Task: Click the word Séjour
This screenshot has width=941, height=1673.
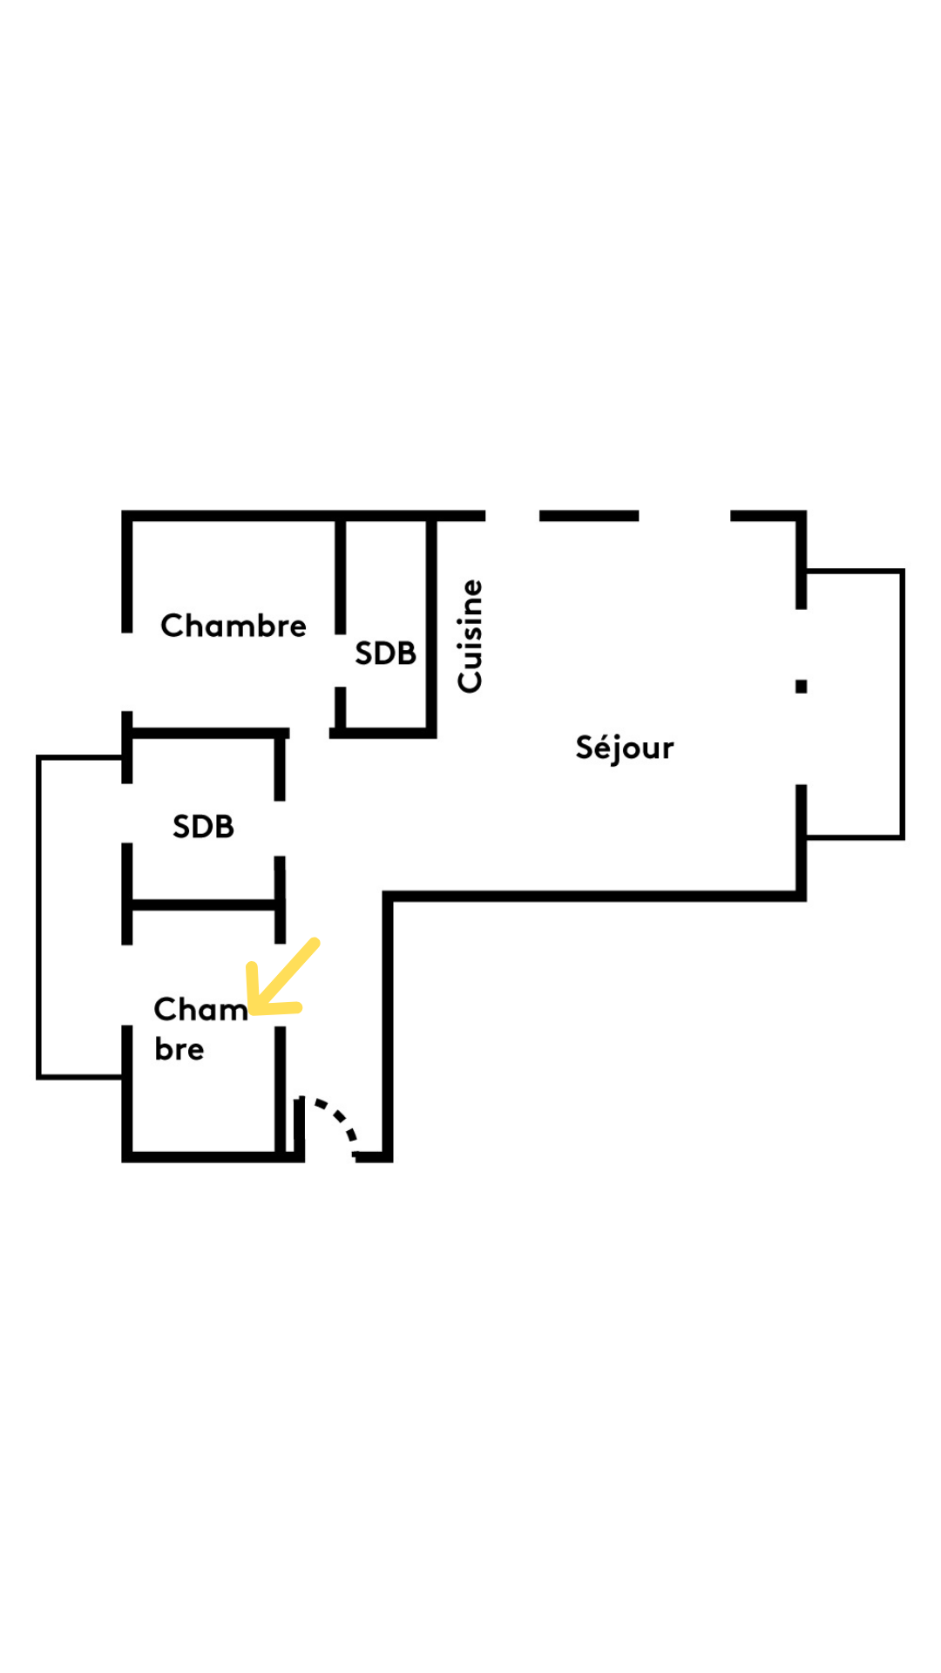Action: (x=624, y=748)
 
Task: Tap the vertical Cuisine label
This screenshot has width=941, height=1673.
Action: (x=470, y=636)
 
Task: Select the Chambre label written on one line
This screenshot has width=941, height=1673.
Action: (x=233, y=626)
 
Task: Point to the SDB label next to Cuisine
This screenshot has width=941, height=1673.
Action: (x=385, y=654)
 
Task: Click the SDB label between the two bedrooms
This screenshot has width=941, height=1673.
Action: (x=203, y=826)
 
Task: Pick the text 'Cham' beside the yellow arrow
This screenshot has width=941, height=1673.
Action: (x=200, y=1009)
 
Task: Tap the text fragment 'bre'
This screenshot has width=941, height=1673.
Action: (x=179, y=1049)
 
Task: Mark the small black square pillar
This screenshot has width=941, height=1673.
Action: (x=801, y=686)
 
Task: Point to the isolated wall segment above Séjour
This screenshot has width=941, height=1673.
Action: (x=589, y=516)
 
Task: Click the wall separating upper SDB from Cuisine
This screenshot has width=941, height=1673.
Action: (x=431, y=626)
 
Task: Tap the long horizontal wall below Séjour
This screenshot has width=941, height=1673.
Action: (x=592, y=896)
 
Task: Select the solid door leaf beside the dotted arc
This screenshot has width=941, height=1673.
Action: (x=299, y=1128)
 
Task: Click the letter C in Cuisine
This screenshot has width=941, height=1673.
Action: (x=470, y=680)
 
